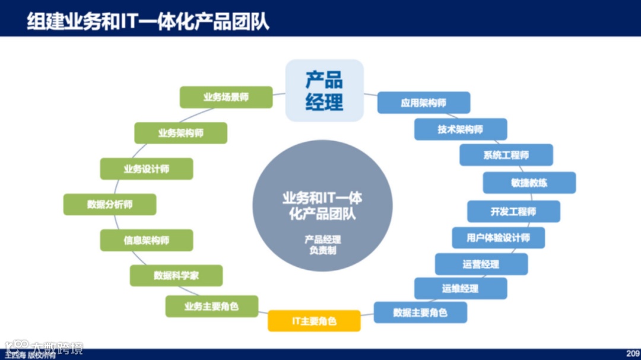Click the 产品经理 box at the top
324,90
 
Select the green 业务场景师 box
226,97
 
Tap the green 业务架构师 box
180,133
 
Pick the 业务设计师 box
146,169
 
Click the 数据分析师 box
110,205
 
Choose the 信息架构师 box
146,240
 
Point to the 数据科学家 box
176,276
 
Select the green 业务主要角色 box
212,307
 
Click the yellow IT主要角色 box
314,321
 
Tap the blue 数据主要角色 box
420,313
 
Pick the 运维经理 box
461,288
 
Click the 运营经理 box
481,264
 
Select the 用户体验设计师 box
498,238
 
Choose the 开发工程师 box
513,212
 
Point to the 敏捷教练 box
529,183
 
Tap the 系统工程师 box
506,155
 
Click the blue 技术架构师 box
461,129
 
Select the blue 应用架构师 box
424,103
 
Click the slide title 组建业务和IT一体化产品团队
148,21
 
